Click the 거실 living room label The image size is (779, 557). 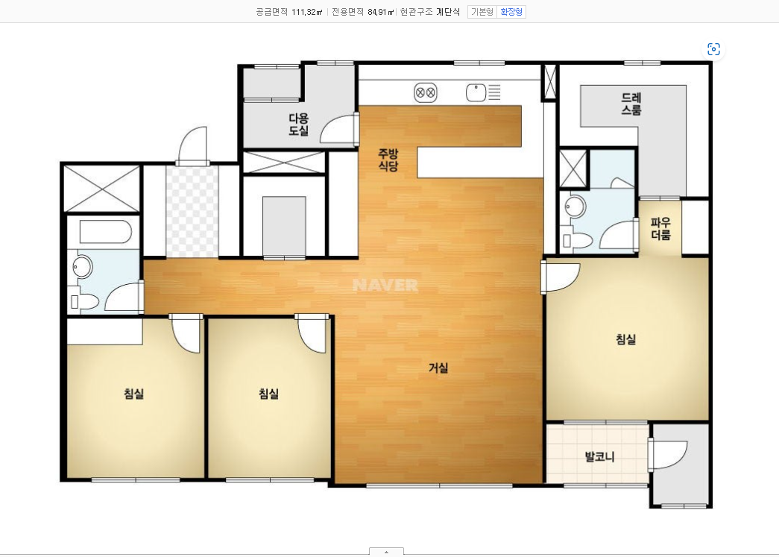click(438, 368)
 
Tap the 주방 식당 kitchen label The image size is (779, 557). click(388, 160)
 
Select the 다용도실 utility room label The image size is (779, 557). click(299, 125)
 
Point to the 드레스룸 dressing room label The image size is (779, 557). click(631, 104)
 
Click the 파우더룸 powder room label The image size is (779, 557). click(660, 229)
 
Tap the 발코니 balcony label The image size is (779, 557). click(599, 456)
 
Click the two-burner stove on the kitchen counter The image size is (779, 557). click(425, 92)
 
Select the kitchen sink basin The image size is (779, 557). click(476, 92)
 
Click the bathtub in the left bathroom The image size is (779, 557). click(105, 232)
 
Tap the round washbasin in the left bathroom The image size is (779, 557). click(83, 267)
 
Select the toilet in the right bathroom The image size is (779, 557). click(578, 241)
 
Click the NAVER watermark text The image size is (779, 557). click(385, 285)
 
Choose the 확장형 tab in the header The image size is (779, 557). click(511, 12)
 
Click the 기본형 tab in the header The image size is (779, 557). click(482, 12)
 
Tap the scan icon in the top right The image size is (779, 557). click(714, 49)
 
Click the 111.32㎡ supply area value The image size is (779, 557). click(307, 12)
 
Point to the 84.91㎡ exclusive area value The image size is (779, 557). click(381, 12)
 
